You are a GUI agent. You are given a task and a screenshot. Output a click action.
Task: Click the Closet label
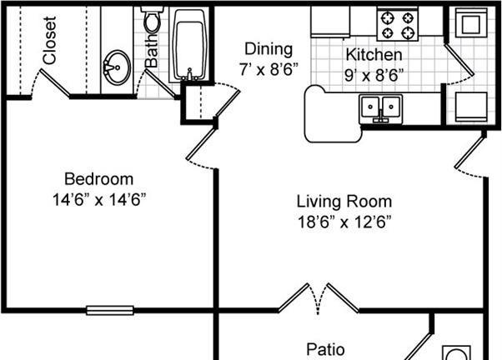click(50, 40)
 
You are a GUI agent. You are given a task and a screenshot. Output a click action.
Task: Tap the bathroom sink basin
click(117, 67)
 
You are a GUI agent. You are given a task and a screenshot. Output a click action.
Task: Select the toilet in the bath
click(153, 19)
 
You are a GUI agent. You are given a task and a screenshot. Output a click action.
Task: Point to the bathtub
click(189, 45)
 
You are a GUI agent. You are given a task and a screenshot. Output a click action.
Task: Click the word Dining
click(269, 49)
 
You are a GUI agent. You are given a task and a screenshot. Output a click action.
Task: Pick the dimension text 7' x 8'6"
click(269, 69)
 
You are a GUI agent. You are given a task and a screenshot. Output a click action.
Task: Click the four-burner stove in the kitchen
click(398, 25)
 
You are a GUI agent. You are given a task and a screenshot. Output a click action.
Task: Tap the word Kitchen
click(374, 55)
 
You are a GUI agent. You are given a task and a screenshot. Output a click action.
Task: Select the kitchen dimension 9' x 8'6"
click(374, 76)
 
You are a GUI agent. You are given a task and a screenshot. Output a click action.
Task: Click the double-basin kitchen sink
click(380, 108)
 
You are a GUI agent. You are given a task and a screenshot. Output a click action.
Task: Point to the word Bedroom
click(99, 179)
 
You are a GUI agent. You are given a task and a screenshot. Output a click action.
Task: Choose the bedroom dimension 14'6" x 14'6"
click(99, 200)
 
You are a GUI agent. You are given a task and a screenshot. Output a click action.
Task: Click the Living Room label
click(344, 202)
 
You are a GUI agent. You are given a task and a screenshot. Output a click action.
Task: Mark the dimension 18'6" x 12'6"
click(344, 222)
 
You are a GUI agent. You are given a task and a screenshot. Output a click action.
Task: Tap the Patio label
click(325, 349)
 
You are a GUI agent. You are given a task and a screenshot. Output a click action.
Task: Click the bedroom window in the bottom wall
click(110, 310)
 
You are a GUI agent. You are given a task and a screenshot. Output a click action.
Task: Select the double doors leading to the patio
click(319, 298)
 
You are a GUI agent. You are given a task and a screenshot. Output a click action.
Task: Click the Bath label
click(152, 50)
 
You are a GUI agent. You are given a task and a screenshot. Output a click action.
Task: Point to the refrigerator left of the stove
click(330, 22)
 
